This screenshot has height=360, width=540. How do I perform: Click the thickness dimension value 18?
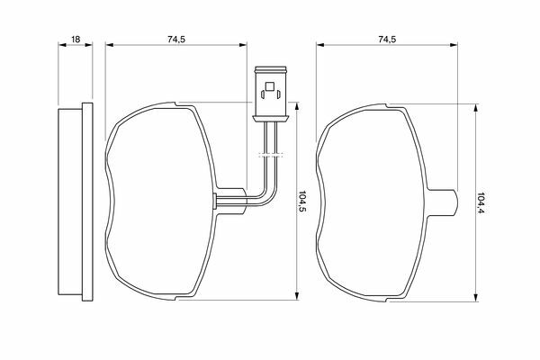tap(76, 40)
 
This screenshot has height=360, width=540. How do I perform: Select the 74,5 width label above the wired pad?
tap(176, 40)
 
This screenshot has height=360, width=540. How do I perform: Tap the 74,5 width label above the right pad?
tap(387, 40)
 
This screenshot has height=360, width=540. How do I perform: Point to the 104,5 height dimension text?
tap(302, 202)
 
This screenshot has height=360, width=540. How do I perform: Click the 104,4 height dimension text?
tap(481, 202)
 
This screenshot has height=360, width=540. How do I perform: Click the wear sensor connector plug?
tap(270, 94)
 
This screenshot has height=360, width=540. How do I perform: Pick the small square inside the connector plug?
tap(270, 85)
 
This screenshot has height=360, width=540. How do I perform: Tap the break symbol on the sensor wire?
tap(270, 155)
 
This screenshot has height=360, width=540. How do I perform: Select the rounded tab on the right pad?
tap(444, 202)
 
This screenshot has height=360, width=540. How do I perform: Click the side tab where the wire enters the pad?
tap(231, 202)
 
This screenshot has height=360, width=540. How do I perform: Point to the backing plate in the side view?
tap(87, 202)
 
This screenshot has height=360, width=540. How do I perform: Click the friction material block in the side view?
tap(70, 202)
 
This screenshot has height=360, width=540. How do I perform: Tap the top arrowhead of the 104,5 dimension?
tap(296, 106)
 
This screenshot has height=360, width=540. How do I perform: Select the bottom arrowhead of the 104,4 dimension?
tap(475, 298)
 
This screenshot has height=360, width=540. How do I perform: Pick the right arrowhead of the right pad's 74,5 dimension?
tap(454, 44)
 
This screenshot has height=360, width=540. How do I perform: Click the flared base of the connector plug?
tap(270, 119)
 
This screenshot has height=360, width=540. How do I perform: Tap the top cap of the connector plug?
tap(270, 69)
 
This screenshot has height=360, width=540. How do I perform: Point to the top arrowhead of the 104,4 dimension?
tap(475, 108)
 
